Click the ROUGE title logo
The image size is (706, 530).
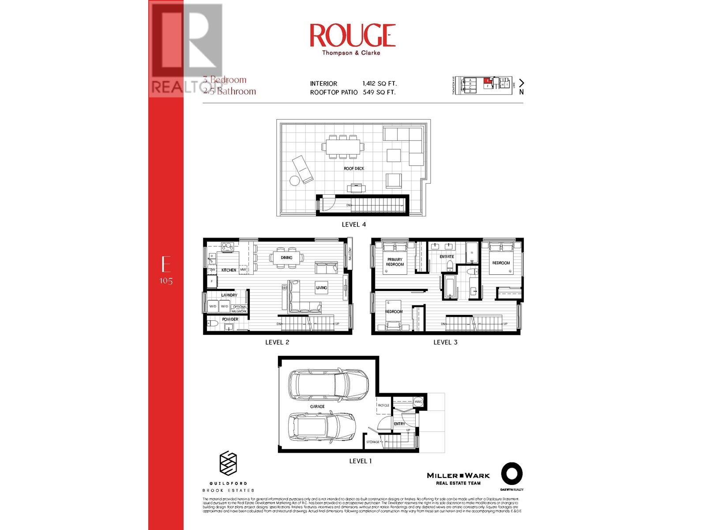coord(352,36)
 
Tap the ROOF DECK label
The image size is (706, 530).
coord(354,169)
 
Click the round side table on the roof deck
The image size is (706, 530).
coord(294,180)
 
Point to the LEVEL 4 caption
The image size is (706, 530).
coord(353,224)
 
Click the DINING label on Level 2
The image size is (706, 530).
coord(286,257)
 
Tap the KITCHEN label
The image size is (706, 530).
coord(229,270)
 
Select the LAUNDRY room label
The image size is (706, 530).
coord(229,295)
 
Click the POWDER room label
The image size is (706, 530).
coord(230,319)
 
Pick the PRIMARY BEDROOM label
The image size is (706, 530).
coord(395,262)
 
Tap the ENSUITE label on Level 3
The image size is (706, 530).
coord(447,257)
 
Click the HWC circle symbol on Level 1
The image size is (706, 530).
coord(418,402)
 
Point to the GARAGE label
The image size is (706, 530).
coord(317,406)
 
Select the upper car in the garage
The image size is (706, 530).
coord(328,383)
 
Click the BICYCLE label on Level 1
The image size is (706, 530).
coord(383,405)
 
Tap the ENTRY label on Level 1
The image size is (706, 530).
coord(399,424)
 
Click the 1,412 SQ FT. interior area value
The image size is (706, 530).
coord(379,83)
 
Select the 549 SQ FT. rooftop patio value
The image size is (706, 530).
coord(379,92)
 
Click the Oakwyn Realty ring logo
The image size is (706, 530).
coord(511,475)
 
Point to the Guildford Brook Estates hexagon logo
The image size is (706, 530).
coord(228,464)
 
